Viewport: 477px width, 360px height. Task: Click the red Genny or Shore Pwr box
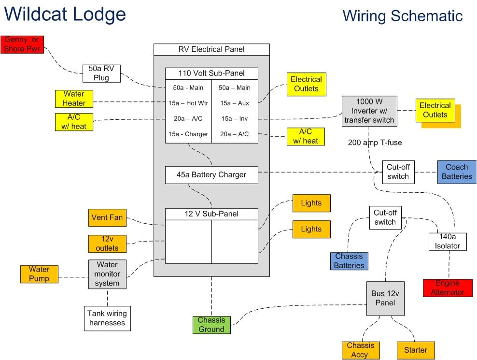22,44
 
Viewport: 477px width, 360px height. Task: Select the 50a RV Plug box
101,73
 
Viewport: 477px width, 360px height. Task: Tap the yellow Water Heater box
73,99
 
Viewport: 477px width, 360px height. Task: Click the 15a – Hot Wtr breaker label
188,103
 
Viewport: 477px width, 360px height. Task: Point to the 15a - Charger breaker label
188,134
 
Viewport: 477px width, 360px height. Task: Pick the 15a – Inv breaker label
235,118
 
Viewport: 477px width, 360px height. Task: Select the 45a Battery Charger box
211,175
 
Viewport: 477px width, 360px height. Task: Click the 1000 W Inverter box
369,111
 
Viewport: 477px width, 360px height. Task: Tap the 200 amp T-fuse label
375,143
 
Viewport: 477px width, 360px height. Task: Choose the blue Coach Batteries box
457,172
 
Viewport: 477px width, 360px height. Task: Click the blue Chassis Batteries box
349,261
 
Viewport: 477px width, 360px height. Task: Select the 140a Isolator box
448,242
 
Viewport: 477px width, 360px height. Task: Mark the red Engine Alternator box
448,288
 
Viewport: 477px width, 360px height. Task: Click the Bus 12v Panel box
385,299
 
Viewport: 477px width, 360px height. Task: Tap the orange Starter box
416,350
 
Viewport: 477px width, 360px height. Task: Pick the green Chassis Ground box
211,325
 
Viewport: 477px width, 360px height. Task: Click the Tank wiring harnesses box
107,318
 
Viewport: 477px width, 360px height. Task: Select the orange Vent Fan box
107,218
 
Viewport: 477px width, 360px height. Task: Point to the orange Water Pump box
39,274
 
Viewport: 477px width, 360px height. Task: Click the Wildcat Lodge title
65,14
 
